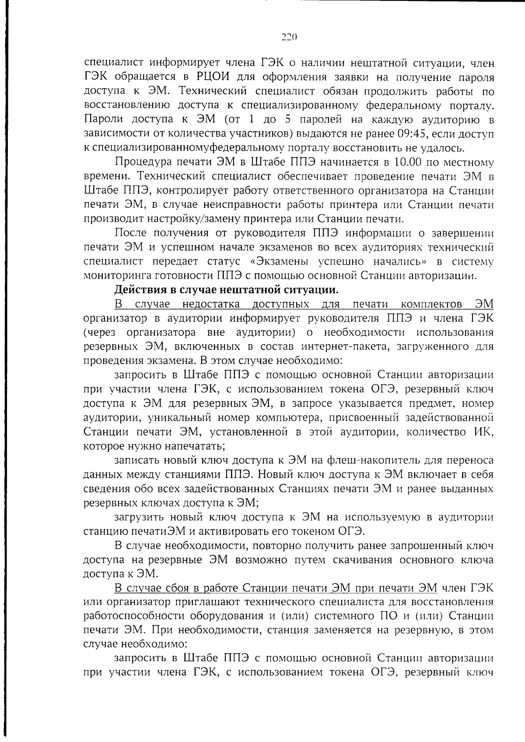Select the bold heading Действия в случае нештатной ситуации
[226, 290]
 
